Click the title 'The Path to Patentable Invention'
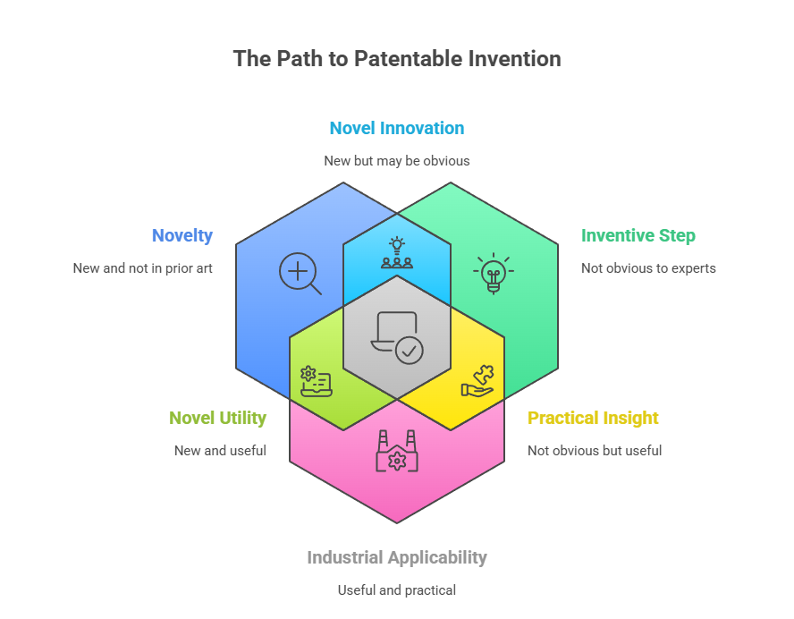(397, 59)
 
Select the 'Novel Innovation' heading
(397, 128)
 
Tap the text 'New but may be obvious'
(397, 161)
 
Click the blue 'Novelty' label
(182, 236)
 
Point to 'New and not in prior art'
(143, 268)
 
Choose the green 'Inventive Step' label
(638, 236)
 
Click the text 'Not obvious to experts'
(648, 268)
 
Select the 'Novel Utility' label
(217, 418)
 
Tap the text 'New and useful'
(220, 451)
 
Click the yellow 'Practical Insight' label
(593, 418)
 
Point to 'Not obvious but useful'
(595, 451)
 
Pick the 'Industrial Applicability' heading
(397, 557)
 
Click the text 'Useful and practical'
(397, 590)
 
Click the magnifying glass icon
(300, 273)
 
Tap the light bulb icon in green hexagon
(493, 272)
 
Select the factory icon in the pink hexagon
(397, 452)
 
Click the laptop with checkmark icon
(397, 336)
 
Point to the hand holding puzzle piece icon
(477, 382)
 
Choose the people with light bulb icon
(397, 253)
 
